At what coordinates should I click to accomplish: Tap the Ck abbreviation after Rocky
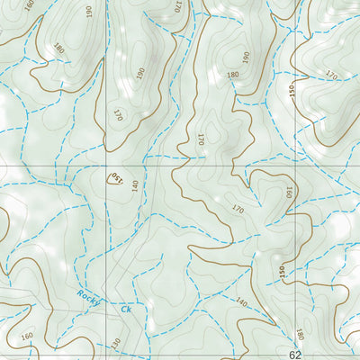(126, 309)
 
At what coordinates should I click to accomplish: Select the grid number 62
(296, 355)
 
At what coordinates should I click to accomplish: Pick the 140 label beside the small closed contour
(135, 186)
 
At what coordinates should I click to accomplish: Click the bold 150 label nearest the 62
(281, 271)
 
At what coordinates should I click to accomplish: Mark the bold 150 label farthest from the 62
(292, 91)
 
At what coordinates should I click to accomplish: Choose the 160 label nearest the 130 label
(25, 337)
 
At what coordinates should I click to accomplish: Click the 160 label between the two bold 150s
(288, 193)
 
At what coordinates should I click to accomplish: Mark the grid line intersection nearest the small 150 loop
(105, 166)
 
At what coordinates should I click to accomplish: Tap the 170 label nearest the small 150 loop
(118, 114)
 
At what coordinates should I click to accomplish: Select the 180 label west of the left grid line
(59, 47)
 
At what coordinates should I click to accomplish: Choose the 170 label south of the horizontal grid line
(238, 210)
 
